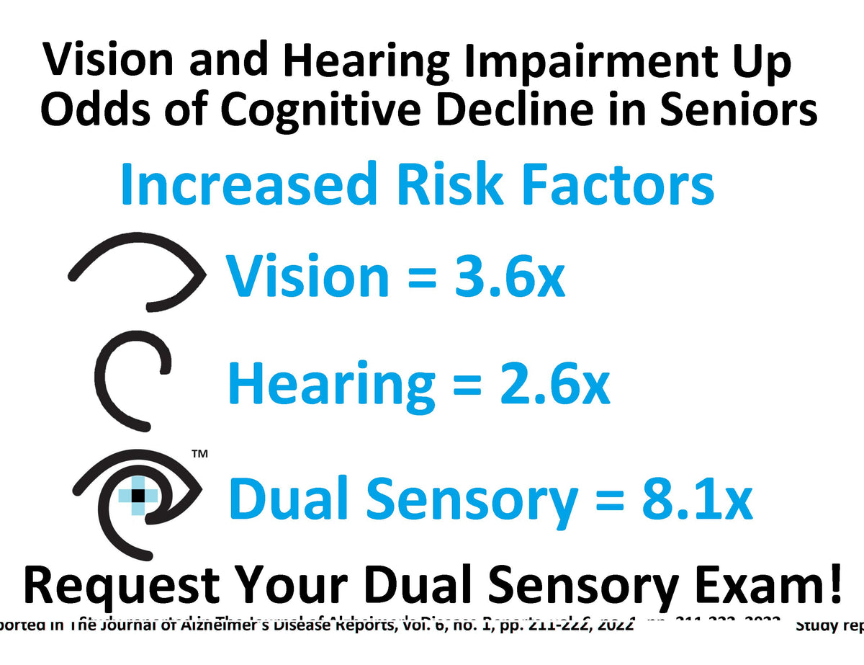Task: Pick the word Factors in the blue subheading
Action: [x=618, y=183]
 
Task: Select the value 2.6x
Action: [x=554, y=384]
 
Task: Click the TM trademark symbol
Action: [x=199, y=455]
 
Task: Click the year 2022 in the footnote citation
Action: [x=616, y=625]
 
